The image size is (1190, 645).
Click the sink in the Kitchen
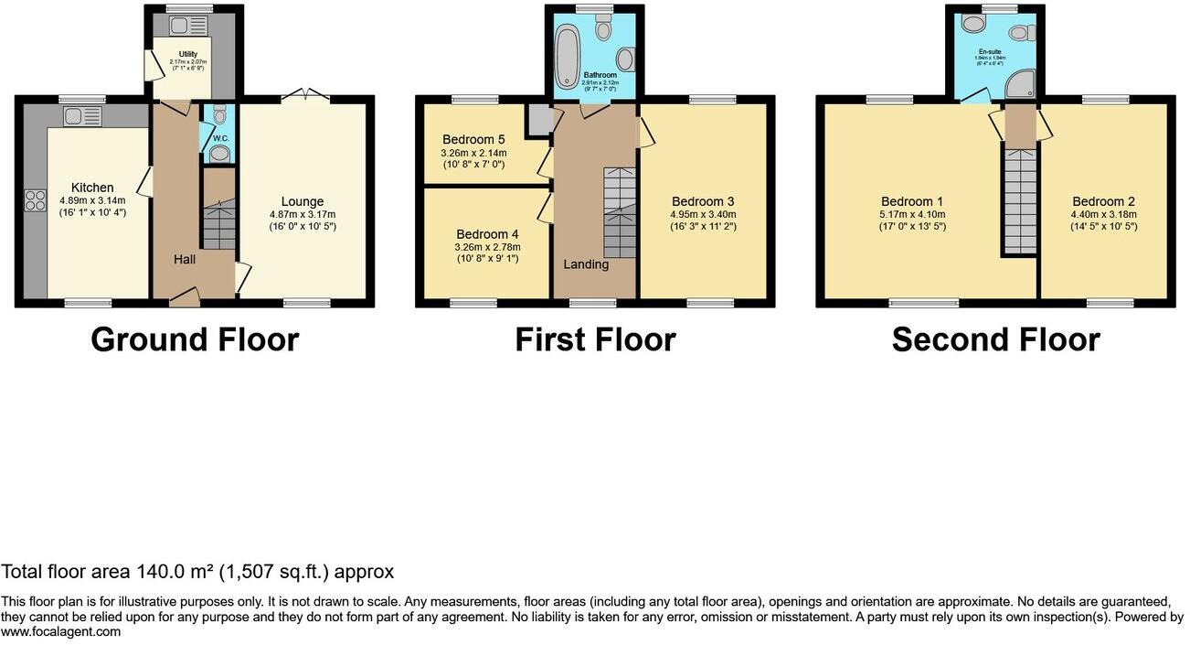[x=81, y=116]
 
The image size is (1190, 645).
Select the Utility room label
[x=188, y=55]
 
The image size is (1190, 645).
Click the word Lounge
[x=303, y=202]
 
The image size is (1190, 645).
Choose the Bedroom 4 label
[x=486, y=233]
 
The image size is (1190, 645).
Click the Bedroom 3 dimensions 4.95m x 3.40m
[x=703, y=214]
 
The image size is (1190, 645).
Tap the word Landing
[x=586, y=264]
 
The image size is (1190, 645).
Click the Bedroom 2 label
[x=1103, y=202]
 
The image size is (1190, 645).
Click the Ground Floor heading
[x=195, y=339]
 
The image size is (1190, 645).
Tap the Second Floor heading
[x=995, y=339]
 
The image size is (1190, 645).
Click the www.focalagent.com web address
[x=60, y=631]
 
